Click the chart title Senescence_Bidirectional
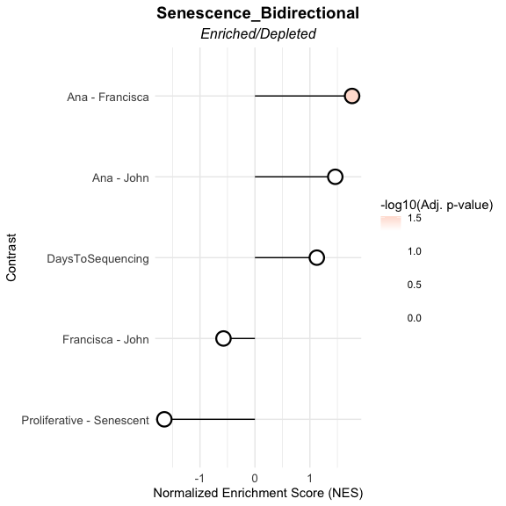point(258,13)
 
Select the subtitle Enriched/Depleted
point(258,34)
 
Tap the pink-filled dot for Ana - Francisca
point(351,96)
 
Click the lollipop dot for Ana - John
point(335,177)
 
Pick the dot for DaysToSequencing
point(316,258)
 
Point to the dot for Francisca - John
point(223,338)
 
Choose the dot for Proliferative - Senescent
point(164,420)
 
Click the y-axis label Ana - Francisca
point(108,97)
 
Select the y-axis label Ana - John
point(120,177)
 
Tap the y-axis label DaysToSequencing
point(98,259)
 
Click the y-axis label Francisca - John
point(105,339)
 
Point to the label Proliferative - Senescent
point(85,421)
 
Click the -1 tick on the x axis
point(199,478)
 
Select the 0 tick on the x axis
point(255,478)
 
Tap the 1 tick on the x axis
point(310,478)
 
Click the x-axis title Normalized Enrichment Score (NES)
point(258,493)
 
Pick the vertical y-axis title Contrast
point(11,257)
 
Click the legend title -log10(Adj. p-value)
point(437,205)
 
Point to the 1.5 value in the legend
point(415,218)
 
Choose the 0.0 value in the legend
point(415,318)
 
